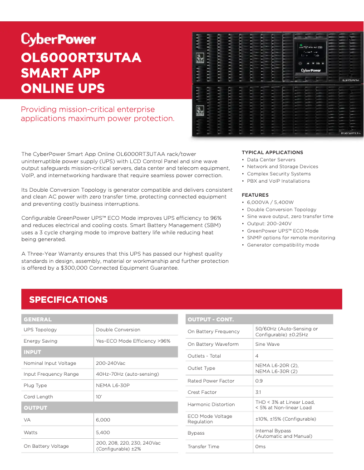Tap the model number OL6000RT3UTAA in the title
[81, 58]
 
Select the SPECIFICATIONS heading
[69, 300]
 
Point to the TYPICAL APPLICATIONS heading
[272, 152]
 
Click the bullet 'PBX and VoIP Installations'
[278, 181]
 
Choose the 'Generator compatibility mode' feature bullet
[283, 245]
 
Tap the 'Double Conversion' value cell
[118, 329]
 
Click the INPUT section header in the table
[32, 352]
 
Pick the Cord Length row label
[38, 397]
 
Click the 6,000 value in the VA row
[103, 420]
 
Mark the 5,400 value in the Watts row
[103, 432]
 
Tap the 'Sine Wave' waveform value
[267, 344]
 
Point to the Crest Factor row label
[202, 392]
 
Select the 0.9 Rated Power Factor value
[259, 381]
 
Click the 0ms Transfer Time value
[261, 446]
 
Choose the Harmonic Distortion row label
[211, 404]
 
